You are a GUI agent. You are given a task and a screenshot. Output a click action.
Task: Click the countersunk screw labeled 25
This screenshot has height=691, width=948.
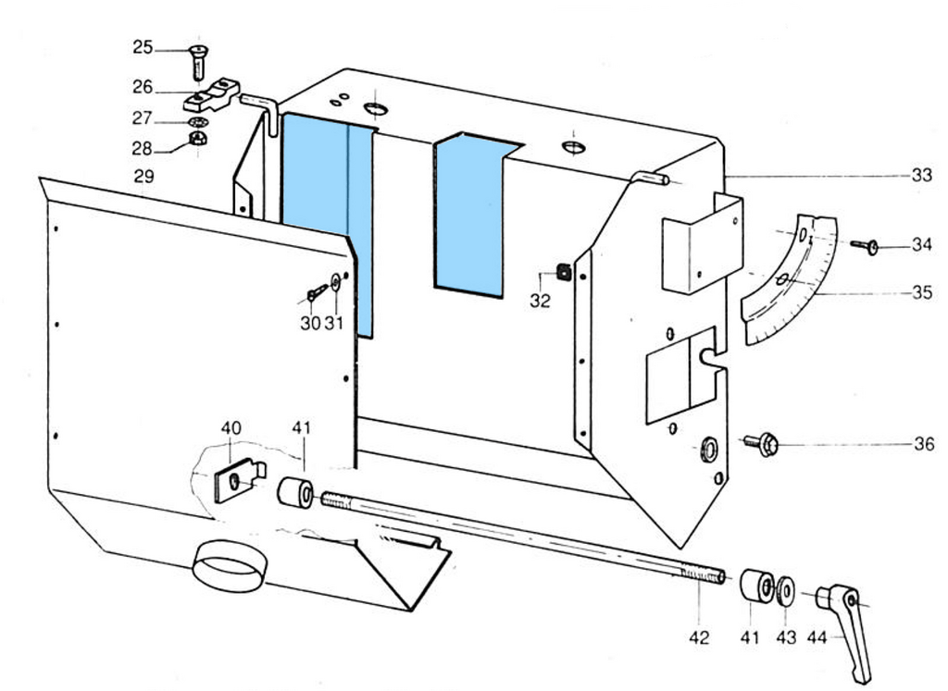(x=198, y=62)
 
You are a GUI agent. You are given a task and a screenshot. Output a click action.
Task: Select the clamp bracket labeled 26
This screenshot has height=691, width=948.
(x=212, y=95)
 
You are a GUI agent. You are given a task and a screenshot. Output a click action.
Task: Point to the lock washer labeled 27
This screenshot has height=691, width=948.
(x=198, y=123)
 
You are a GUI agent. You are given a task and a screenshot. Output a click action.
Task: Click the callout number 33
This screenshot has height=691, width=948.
(x=922, y=175)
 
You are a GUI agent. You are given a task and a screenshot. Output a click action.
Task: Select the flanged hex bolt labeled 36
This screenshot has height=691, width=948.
(x=762, y=444)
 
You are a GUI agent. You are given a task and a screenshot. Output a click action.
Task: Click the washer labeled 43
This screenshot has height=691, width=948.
(x=785, y=590)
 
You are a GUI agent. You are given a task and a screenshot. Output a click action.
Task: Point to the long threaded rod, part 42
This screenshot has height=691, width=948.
(x=523, y=537)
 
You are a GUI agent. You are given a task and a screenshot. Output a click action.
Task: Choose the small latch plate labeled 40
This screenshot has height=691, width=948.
(x=240, y=479)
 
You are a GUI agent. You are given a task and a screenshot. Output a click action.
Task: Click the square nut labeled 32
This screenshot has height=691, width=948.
(x=564, y=272)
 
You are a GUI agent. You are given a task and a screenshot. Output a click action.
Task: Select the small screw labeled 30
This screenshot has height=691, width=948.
(x=317, y=293)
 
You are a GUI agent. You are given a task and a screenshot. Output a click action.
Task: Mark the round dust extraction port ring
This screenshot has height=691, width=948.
(x=230, y=566)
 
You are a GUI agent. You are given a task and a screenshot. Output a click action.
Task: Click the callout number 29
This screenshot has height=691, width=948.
(x=143, y=177)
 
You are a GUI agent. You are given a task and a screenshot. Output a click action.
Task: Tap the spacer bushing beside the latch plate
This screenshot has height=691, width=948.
(x=295, y=492)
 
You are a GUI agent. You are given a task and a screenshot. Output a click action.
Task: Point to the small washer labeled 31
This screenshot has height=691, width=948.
(x=336, y=281)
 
